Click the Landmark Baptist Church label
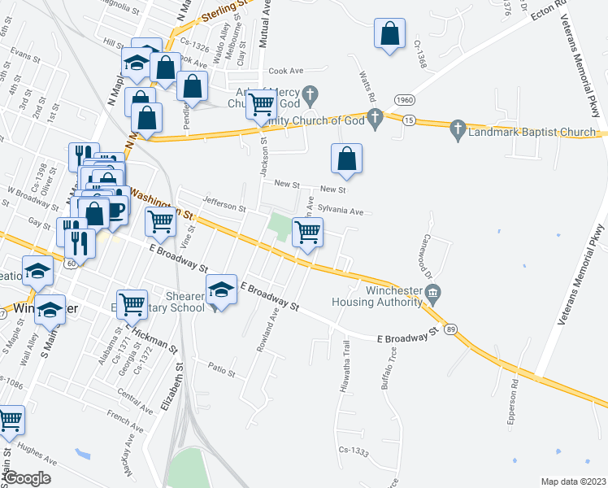[532, 132]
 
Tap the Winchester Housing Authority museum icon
[433, 292]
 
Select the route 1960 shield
[405, 99]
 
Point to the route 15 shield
[408, 120]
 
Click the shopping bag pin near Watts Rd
[347, 159]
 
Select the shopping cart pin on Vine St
[161, 221]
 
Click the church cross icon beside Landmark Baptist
[457, 130]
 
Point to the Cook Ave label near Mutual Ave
[284, 71]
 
